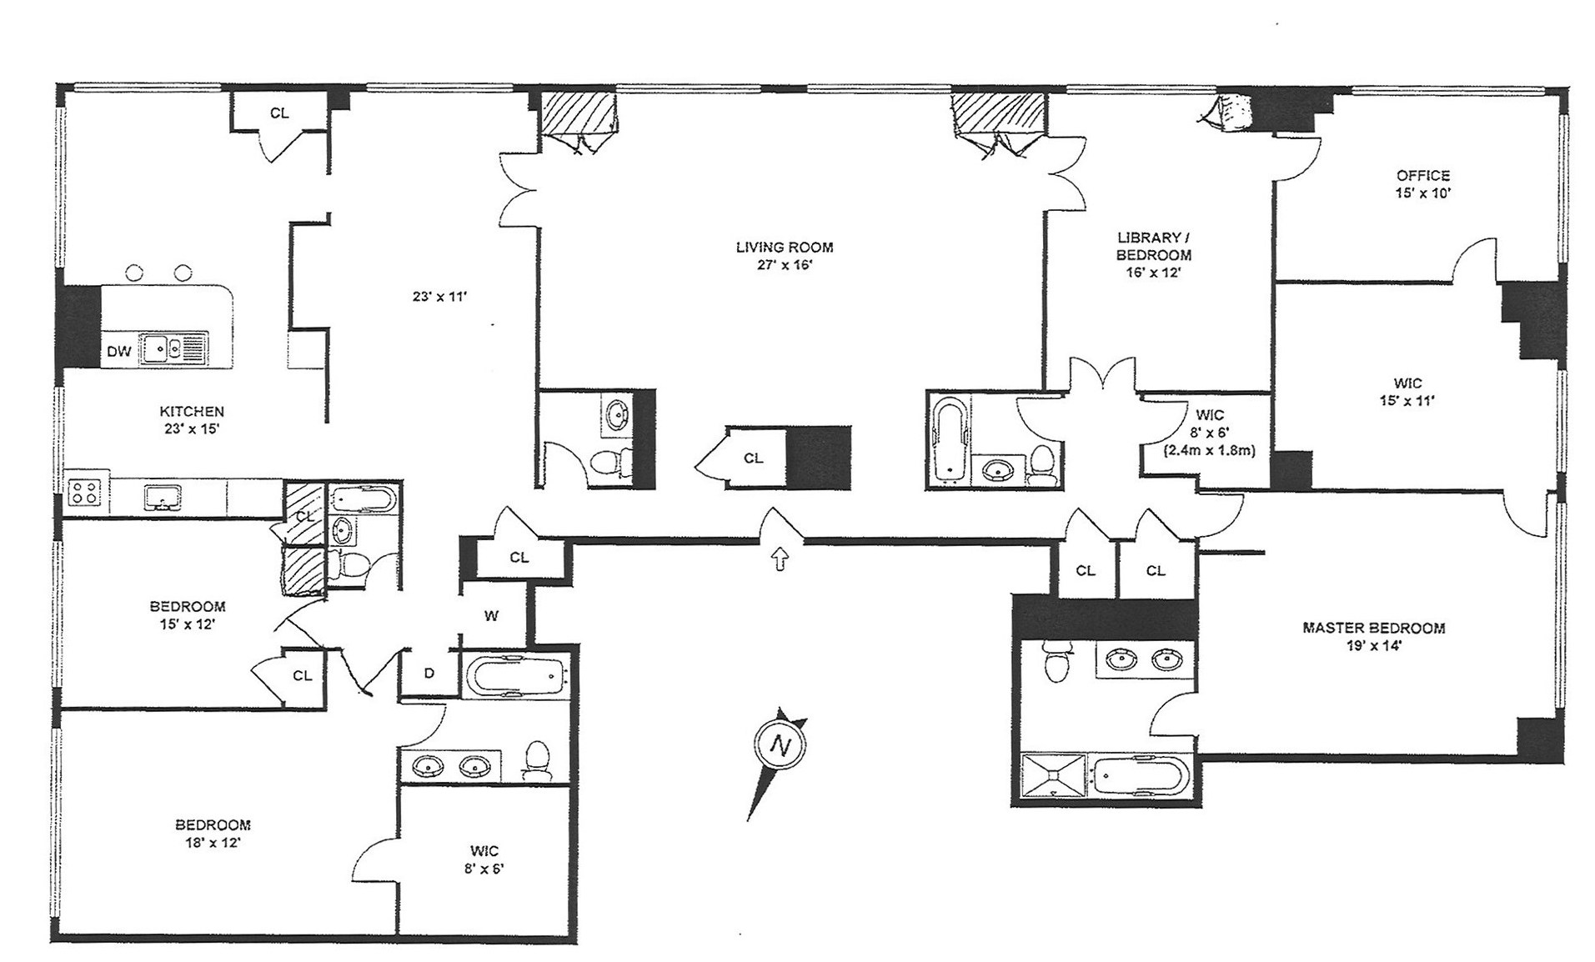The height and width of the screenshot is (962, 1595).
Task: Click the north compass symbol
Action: tap(781, 744)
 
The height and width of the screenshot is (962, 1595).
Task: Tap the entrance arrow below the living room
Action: tap(780, 559)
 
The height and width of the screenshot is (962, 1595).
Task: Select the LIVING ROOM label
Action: tap(784, 248)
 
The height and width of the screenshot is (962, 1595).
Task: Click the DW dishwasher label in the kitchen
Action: tap(119, 351)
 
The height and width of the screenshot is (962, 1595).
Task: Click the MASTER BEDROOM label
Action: tap(1373, 628)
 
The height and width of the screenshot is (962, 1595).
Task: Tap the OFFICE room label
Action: tap(1422, 175)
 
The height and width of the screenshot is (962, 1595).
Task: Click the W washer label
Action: tap(491, 616)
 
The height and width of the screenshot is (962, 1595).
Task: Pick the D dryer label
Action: tap(429, 673)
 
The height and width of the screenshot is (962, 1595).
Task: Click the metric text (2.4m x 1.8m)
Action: tap(1209, 450)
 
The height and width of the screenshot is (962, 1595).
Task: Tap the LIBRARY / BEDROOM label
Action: tap(1153, 246)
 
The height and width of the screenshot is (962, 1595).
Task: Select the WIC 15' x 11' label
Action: tap(1407, 392)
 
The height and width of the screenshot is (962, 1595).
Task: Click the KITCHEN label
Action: tap(192, 411)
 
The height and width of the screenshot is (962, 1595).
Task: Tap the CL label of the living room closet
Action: tap(753, 458)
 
